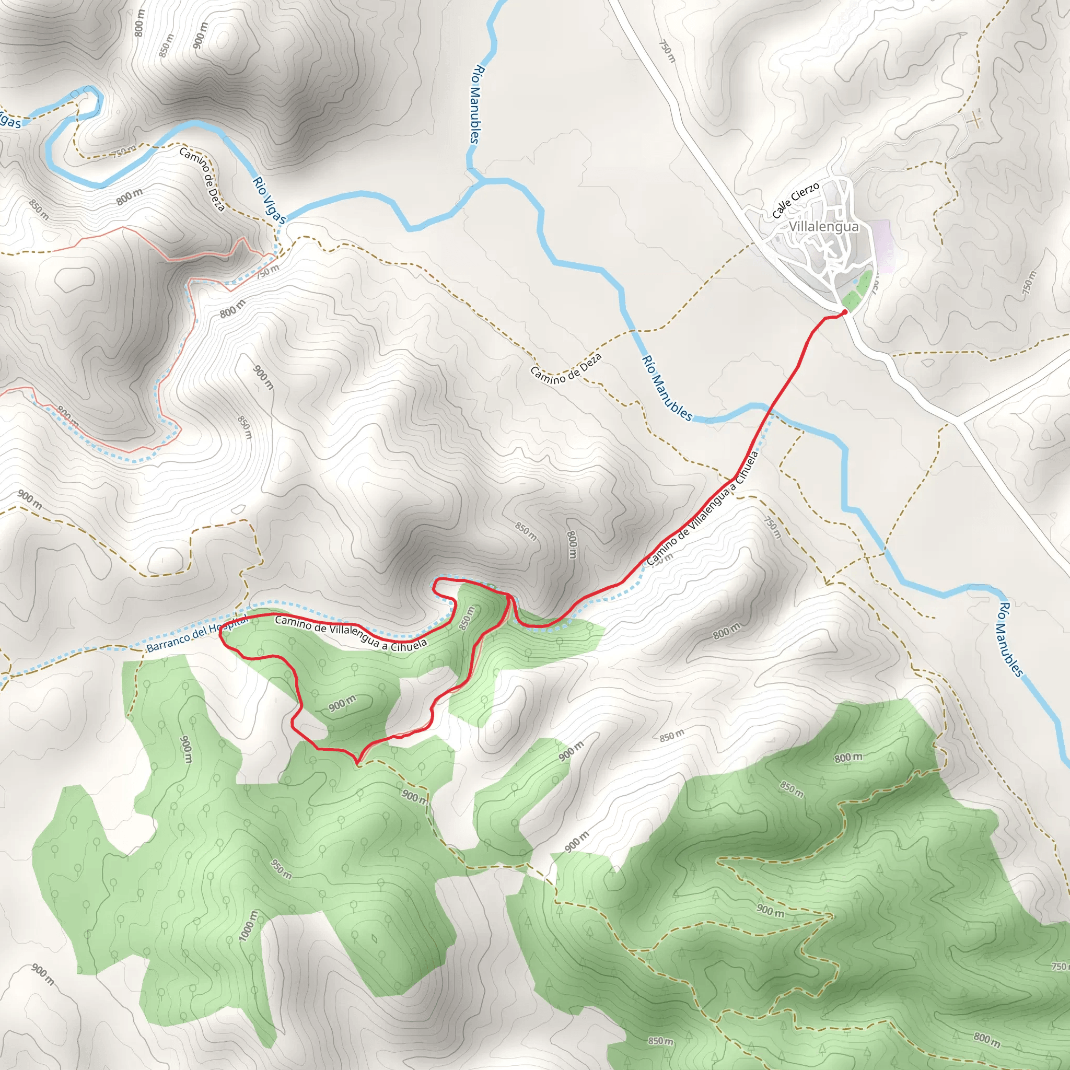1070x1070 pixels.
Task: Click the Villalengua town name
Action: coord(823,227)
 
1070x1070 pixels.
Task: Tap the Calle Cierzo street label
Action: coord(795,200)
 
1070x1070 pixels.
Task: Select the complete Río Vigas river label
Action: coord(269,200)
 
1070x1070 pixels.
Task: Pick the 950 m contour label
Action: coord(282,869)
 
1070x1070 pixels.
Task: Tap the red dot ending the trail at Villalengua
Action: coord(845,312)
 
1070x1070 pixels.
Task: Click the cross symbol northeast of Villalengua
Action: coord(975,119)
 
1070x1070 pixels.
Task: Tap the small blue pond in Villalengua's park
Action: coord(856,282)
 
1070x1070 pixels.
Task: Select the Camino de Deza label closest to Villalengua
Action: coord(565,368)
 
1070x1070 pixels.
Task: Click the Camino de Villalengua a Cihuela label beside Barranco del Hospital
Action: coord(351,633)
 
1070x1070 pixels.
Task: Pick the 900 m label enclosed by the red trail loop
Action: coord(342,704)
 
